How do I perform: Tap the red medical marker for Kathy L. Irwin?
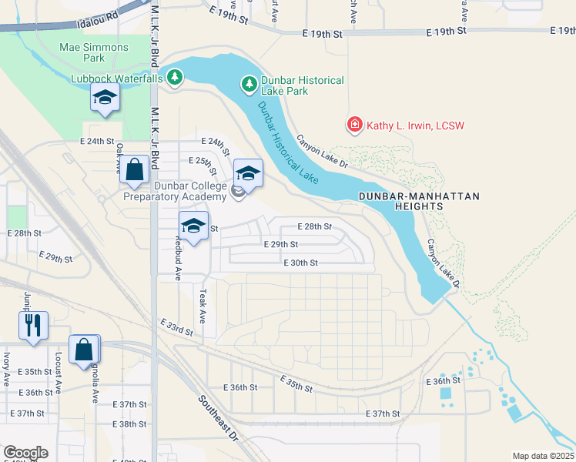[354, 125]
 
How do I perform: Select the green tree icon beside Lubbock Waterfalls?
[176, 77]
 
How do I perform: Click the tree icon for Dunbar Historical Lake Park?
[249, 83]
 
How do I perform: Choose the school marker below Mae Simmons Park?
[105, 98]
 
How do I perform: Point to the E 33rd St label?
[176, 326]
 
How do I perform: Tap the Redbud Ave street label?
[178, 264]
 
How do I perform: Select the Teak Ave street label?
[203, 306]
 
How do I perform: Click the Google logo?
[25, 453]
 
